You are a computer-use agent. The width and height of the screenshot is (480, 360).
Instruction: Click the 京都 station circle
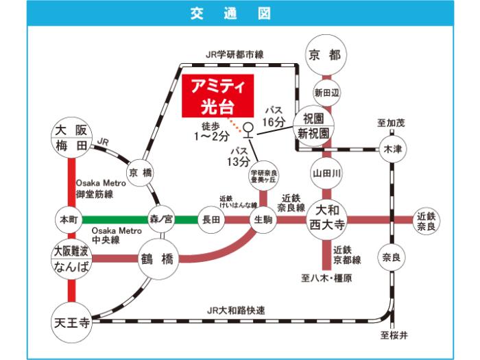coord(326,54)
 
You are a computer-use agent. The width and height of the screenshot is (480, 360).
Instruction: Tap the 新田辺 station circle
coord(326,91)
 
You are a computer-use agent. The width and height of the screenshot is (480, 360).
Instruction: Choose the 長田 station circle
coord(211,219)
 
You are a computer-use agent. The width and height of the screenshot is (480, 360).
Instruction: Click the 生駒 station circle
coord(258,219)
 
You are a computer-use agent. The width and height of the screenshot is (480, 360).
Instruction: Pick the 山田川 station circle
coord(326,173)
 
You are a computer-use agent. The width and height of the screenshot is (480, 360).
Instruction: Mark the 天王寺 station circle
coord(71,320)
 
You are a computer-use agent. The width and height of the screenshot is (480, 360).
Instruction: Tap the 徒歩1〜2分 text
coord(209,130)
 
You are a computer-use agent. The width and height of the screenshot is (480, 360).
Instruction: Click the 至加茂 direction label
coord(390,123)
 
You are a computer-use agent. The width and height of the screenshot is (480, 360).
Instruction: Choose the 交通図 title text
coord(240,13)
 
